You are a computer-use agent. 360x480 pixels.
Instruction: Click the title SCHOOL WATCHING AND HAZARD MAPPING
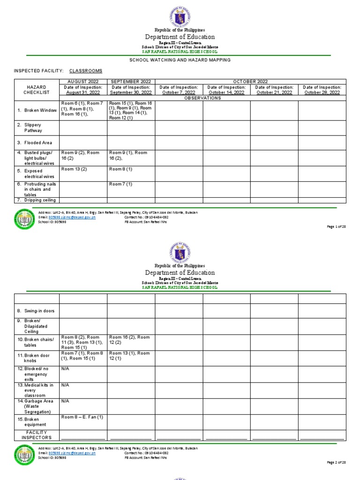click(180, 60)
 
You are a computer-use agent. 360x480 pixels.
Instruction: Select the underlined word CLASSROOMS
click(86, 71)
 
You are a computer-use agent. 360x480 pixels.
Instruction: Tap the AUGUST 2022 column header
click(83, 82)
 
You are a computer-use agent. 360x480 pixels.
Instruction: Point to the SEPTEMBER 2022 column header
click(131, 82)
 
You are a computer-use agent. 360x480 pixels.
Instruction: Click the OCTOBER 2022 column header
click(250, 82)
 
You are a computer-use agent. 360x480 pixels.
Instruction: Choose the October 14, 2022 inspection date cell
click(226, 90)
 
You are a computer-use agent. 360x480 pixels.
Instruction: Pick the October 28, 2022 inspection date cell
click(322, 90)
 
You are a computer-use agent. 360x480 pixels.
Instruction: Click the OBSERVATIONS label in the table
click(202, 98)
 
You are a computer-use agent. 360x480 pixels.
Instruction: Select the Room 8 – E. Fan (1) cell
click(82, 417)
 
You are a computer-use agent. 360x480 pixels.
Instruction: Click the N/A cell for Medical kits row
click(65, 385)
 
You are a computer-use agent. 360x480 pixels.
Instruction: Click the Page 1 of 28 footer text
click(336, 227)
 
